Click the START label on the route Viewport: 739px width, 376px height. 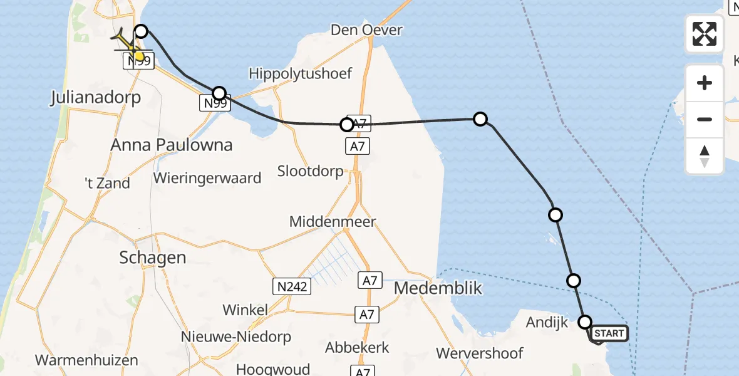609,333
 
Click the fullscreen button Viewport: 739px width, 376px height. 705,34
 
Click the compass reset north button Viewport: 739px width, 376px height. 705,156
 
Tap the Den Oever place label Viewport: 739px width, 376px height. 366,29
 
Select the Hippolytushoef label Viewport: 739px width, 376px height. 301,73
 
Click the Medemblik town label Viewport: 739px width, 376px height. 438,288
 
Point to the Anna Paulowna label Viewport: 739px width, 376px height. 172,145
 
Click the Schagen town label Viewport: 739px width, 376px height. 153,258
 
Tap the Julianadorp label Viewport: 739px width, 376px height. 96,98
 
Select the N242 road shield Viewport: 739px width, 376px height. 292,287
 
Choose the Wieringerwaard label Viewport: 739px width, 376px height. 207,178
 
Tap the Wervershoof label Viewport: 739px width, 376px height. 480,353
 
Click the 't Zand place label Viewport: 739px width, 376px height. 107,183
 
